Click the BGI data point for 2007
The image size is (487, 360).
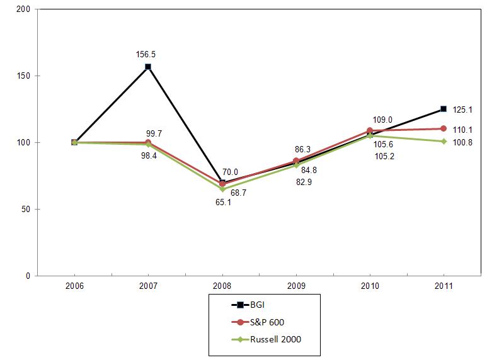(148, 67)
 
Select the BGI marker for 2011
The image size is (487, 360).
(444, 109)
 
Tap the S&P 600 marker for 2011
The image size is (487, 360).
(444, 128)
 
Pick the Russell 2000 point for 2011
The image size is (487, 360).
(444, 141)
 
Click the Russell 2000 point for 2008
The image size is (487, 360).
(222, 189)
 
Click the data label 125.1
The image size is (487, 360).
(462, 110)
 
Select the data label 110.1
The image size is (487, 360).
(462, 130)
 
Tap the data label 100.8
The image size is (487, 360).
(462, 143)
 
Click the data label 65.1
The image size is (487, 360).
(223, 203)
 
